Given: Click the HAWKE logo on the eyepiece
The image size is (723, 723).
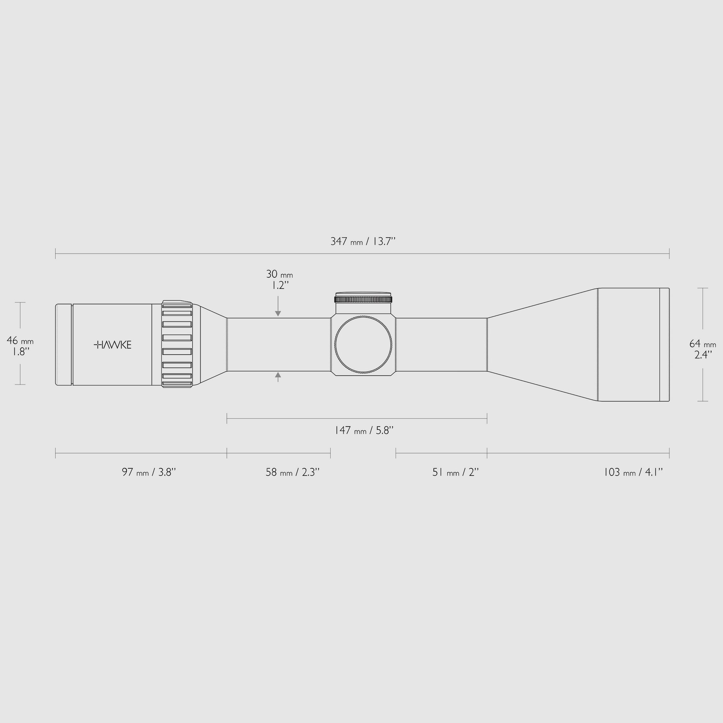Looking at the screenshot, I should click(x=112, y=345).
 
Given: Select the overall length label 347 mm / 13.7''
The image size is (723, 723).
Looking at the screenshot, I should click(x=362, y=241).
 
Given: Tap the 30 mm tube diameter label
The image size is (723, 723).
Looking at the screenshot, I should click(x=279, y=274).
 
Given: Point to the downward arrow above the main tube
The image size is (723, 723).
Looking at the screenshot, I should click(x=278, y=313).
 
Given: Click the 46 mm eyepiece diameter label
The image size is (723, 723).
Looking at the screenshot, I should click(x=20, y=341).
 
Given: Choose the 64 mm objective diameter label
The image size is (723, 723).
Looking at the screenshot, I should click(x=702, y=343).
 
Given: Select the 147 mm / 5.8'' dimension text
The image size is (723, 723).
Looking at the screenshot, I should click(x=364, y=431).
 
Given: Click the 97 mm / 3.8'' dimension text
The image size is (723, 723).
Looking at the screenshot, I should click(x=149, y=472).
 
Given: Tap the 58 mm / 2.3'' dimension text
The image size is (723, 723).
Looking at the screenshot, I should click(x=292, y=472).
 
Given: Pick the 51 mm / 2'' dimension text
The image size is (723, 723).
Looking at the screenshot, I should click(x=455, y=472).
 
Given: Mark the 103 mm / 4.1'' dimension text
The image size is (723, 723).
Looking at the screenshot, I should click(x=633, y=472).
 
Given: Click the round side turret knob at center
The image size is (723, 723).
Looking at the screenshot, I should click(x=363, y=344).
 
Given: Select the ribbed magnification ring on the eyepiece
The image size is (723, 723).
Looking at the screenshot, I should click(x=177, y=344).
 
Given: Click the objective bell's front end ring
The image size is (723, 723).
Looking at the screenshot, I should click(x=664, y=344).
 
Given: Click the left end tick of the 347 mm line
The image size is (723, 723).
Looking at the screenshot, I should click(x=56, y=253).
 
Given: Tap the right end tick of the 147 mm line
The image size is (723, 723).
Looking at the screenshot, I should click(x=487, y=418).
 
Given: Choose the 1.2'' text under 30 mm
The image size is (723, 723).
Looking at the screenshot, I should click(x=280, y=286).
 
